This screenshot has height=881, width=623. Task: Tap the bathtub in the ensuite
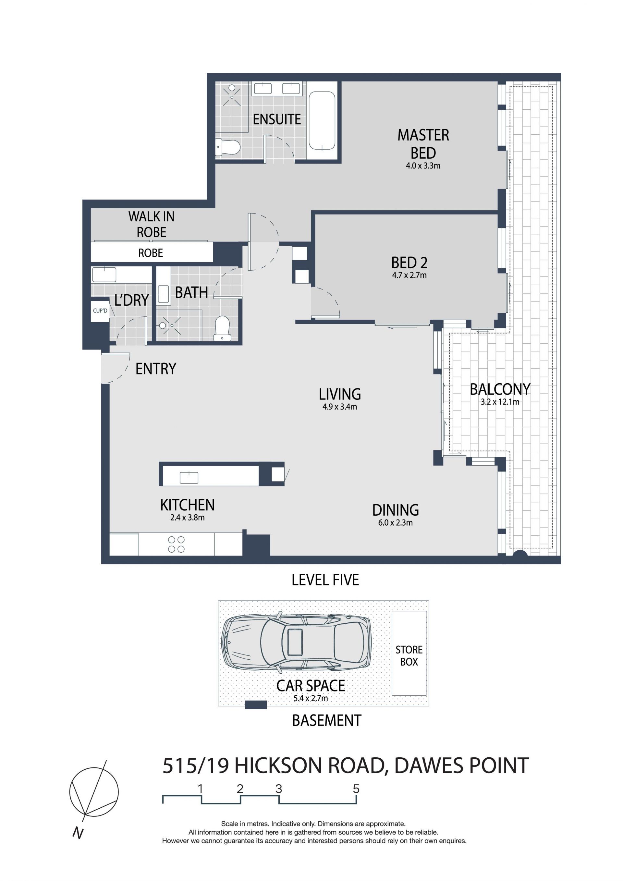pyautogui.click(x=322, y=120)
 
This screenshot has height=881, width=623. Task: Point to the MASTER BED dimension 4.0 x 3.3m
pyautogui.click(x=423, y=166)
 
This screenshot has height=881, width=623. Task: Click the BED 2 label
pyautogui.click(x=409, y=263)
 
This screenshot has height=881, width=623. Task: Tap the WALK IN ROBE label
pyautogui.click(x=152, y=225)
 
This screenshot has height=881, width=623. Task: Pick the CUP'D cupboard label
pyautogui.click(x=100, y=311)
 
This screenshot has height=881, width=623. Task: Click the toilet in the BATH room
pyautogui.click(x=222, y=328)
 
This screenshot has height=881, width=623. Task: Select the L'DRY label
pyautogui.click(x=132, y=300)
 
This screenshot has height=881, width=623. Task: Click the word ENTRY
pyautogui.click(x=156, y=369)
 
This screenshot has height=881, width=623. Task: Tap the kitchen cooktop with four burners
pyautogui.click(x=176, y=545)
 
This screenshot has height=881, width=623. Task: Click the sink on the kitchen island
pyautogui.click(x=189, y=477)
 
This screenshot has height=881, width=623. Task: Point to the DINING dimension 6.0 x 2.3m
pyautogui.click(x=396, y=523)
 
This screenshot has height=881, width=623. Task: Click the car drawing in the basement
pyautogui.click(x=296, y=643)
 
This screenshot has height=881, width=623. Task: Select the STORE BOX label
pyautogui.click(x=409, y=656)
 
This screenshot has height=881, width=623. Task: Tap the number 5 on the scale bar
pyautogui.click(x=356, y=789)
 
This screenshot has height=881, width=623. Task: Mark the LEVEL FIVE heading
pyautogui.click(x=325, y=580)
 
